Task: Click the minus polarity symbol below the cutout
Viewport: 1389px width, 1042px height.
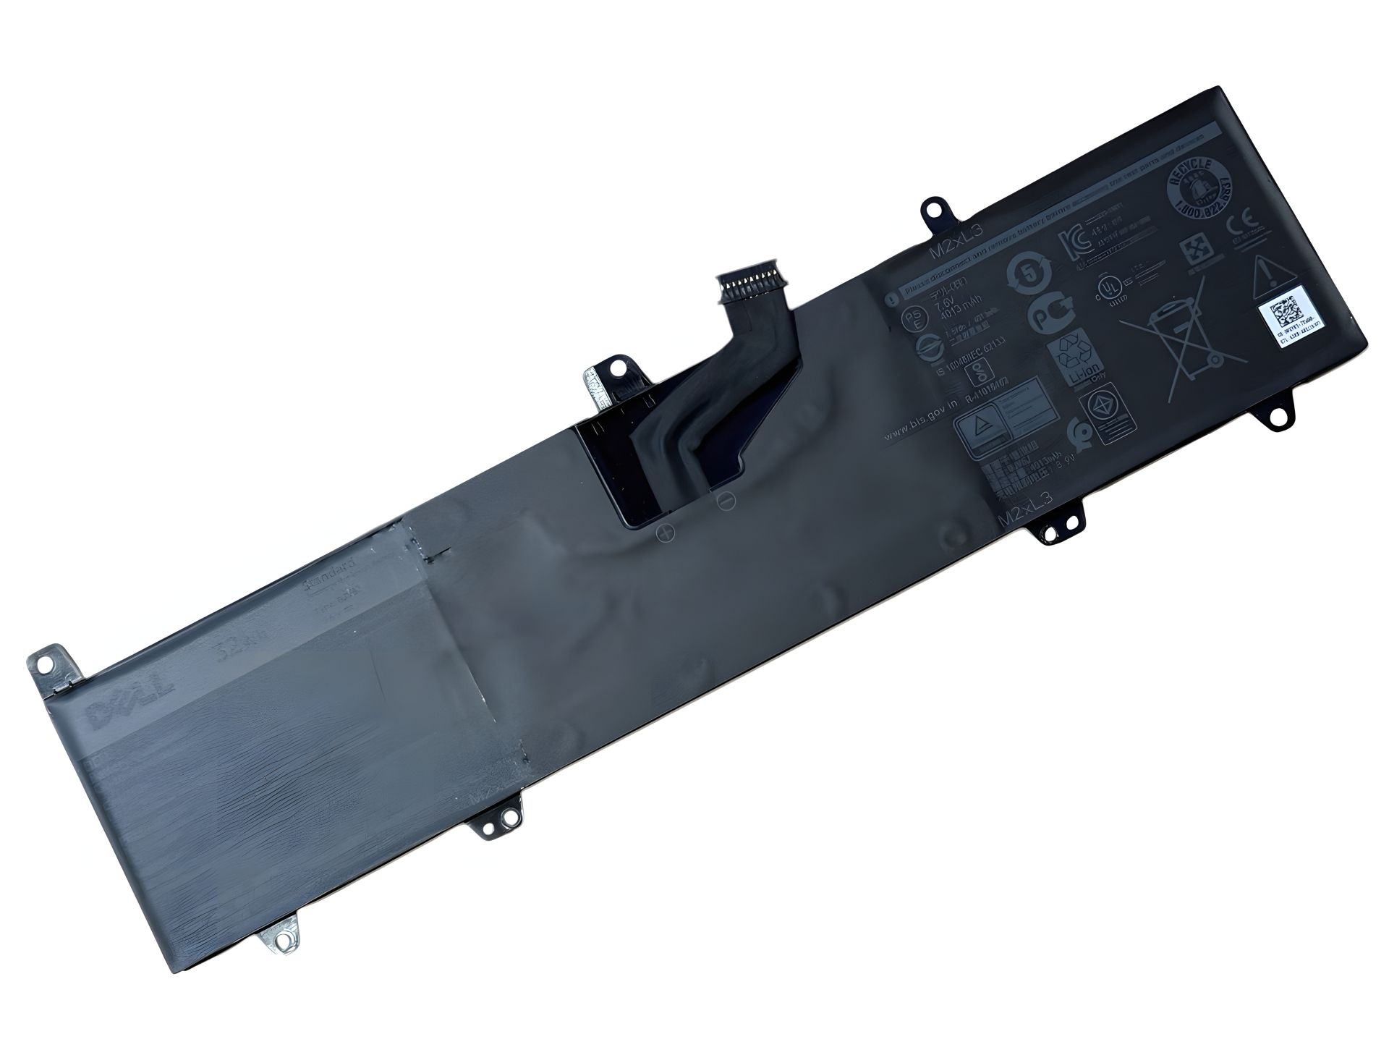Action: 726,500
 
